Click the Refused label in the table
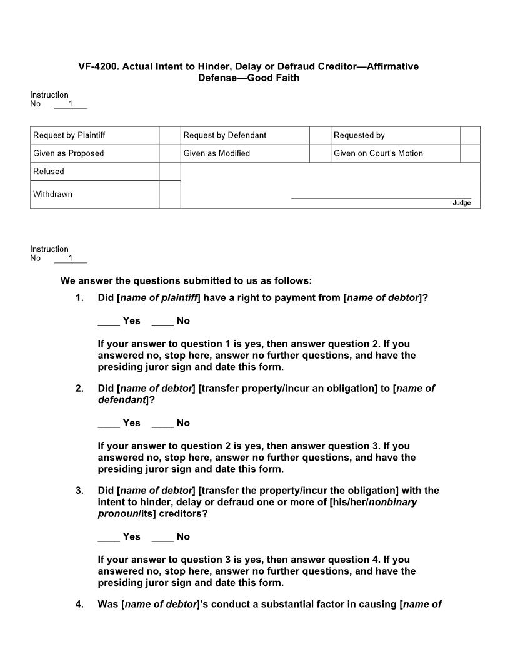(x=49, y=172)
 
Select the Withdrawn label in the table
(x=52, y=194)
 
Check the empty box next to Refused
(x=169, y=172)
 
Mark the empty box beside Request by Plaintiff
(x=169, y=135)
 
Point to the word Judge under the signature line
(x=461, y=203)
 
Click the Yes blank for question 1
(x=109, y=321)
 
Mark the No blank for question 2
(x=162, y=423)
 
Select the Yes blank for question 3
(x=109, y=537)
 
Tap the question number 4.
(x=79, y=605)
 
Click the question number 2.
(x=79, y=389)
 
